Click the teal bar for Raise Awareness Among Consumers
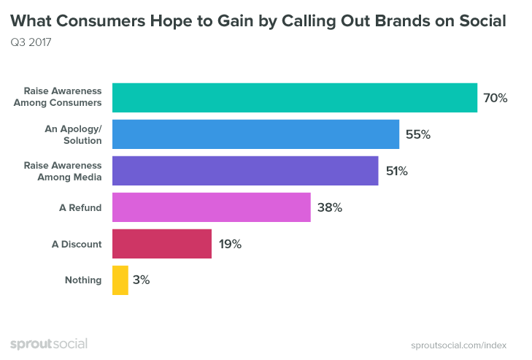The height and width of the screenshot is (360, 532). coord(294,98)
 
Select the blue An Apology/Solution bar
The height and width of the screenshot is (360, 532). coord(255,134)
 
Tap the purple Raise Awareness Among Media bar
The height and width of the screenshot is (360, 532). coord(245,171)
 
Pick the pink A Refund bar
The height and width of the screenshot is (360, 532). coord(212,207)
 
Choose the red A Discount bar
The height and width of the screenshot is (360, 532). coord(162,244)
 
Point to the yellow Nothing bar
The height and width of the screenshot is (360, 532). coord(120,280)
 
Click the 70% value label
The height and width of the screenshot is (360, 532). coord(495,98)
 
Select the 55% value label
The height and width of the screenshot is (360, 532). coord(417,134)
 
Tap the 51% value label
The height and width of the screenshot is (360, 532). coord(396,171)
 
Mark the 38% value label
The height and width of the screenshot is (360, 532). coord(329,207)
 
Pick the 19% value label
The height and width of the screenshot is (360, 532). coord(229,244)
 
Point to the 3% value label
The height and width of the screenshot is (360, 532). coord(142,280)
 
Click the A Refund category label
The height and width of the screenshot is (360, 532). coord(81,208)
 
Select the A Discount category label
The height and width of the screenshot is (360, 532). coord(77,245)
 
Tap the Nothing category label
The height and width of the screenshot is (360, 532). coord(83,280)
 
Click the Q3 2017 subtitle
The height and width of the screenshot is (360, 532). coord(31,42)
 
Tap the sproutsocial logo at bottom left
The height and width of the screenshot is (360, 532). coord(48,344)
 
